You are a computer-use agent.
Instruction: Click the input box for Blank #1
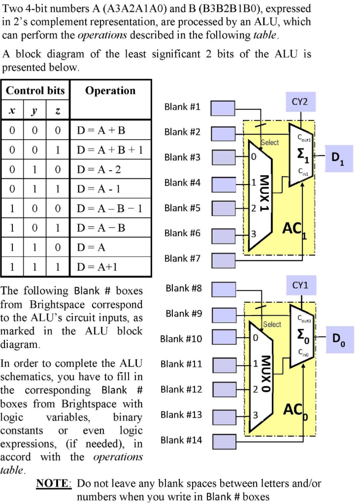click(223, 107)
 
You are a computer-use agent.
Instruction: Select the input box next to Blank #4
click(223, 183)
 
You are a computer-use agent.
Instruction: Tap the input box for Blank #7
click(223, 259)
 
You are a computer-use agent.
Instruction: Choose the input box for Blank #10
click(223, 339)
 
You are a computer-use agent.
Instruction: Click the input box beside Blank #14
click(223, 441)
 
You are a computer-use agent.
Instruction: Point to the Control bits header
click(35, 91)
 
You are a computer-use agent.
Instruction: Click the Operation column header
click(110, 91)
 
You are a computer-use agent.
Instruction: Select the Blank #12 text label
click(181, 390)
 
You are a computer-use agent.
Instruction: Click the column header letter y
click(34, 112)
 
